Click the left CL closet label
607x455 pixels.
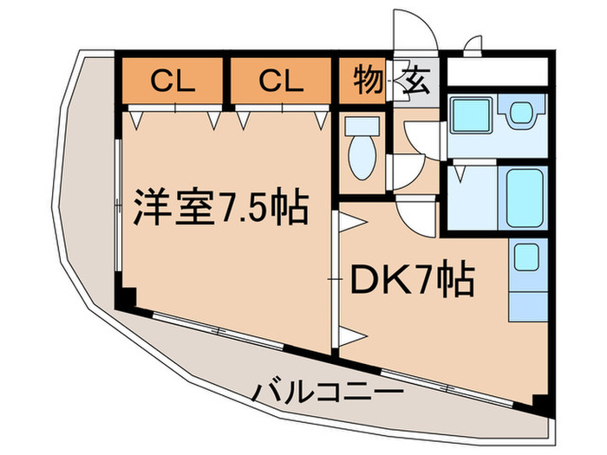173,81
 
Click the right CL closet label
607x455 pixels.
281,81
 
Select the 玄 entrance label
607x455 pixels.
416,81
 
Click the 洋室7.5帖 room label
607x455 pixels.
221,207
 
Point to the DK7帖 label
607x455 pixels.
412,278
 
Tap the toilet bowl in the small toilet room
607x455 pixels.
362,158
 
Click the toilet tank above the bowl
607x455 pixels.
362,127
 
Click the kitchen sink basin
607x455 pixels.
526,257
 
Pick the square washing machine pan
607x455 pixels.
471,114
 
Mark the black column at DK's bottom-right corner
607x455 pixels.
541,405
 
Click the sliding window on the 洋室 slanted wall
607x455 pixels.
219,331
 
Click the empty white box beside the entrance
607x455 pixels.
498,72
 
